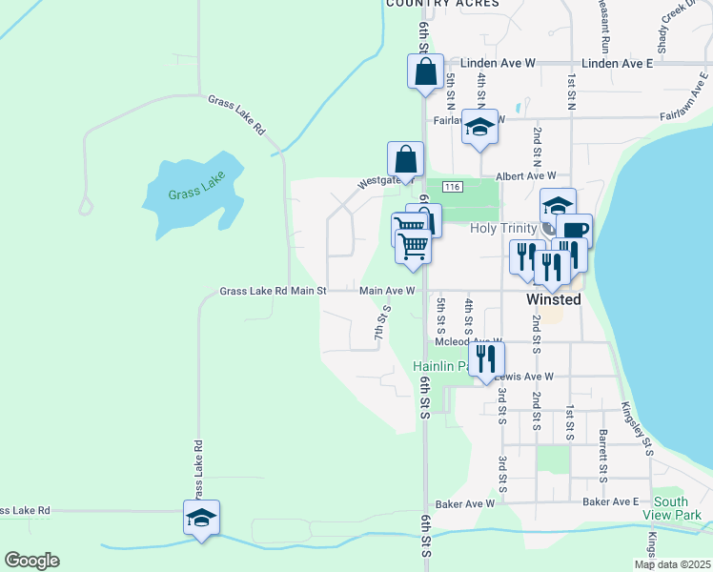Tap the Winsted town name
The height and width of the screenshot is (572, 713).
point(554,298)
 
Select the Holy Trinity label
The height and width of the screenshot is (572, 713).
point(506,228)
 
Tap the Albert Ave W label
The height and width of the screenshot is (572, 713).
point(525,176)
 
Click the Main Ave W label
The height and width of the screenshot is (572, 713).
point(387,291)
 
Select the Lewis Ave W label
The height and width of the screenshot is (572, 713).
point(526,377)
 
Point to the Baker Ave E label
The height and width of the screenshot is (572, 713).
point(610,501)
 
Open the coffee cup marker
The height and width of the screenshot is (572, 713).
point(575,230)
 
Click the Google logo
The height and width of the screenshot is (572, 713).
point(31,561)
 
